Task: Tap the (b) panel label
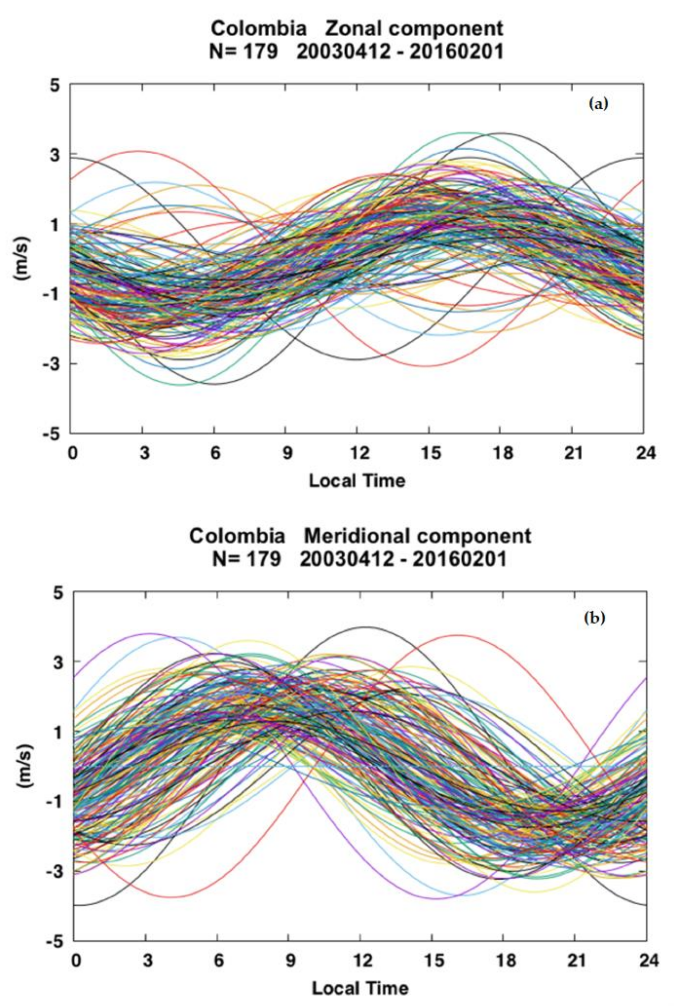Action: [595, 618]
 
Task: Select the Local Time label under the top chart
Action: [357, 480]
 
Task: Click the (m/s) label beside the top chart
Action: [23, 259]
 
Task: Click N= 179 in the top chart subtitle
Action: [244, 52]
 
